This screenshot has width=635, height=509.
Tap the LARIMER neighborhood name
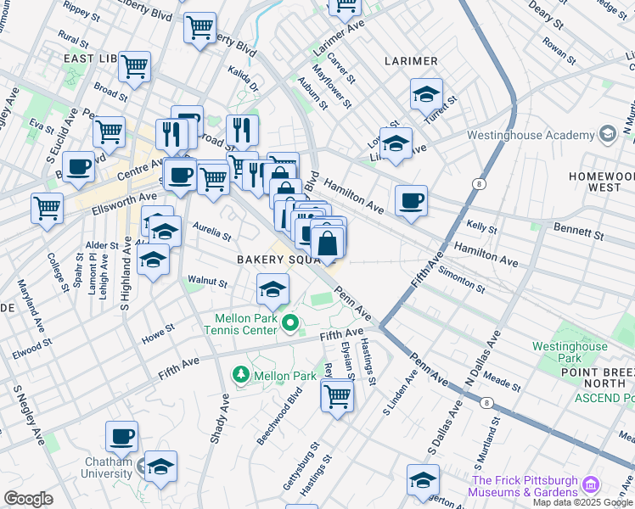(411, 61)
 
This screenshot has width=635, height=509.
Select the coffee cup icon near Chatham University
(121, 436)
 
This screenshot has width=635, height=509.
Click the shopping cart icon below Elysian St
(337, 394)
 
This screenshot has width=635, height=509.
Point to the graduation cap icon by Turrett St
(426, 94)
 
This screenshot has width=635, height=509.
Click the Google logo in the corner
(28, 499)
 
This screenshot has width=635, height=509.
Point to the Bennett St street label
(578, 230)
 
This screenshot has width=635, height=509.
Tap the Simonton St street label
(462, 279)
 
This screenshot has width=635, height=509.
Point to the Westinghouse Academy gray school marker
(607, 134)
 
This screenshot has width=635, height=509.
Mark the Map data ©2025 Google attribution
(582, 502)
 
